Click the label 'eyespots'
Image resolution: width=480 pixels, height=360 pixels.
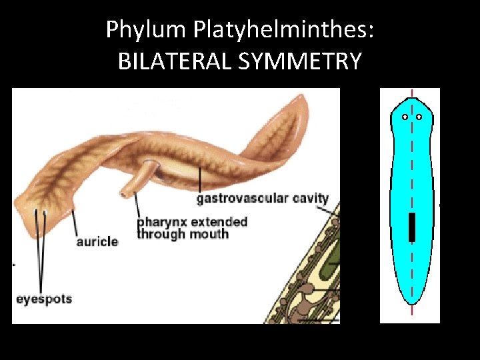click(43, 299)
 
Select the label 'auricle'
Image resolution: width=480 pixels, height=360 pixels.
click(97, 241)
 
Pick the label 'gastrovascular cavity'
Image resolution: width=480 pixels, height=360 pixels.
click(262, 198)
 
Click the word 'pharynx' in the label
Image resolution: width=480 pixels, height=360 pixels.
click(160, 222)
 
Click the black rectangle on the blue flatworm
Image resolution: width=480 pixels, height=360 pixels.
click(412, 227)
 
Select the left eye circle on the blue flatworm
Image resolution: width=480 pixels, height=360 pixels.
click(405, 117)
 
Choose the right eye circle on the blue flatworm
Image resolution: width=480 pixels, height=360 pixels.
click(419, 117)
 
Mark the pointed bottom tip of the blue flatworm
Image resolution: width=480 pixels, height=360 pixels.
click(412, 305)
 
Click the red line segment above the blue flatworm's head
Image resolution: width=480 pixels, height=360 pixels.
click(412, 93)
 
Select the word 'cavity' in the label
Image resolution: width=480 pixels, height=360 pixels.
click(309, 198)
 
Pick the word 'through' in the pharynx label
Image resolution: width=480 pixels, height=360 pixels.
click(162, 234)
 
